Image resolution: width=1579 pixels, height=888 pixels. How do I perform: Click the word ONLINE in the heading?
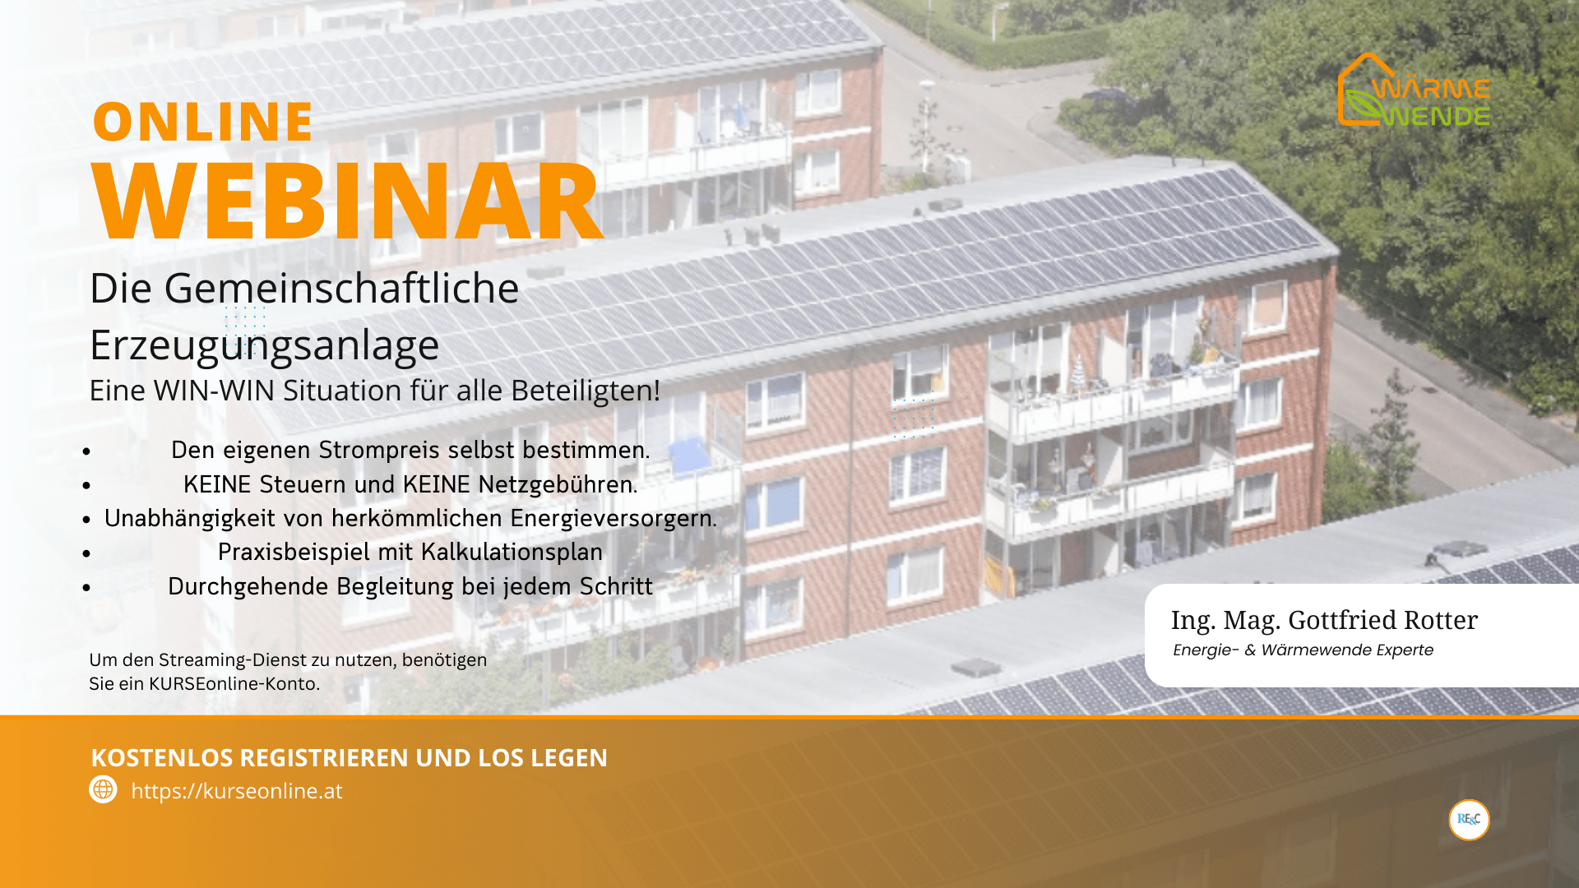point(203,122)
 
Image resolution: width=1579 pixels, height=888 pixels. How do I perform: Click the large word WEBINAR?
point(348,201)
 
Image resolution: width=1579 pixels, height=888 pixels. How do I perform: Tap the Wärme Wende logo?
point(1415,90)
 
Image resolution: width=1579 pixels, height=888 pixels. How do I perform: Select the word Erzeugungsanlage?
point(264,345)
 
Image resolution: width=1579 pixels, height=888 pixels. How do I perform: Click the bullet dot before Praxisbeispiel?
point(86,553)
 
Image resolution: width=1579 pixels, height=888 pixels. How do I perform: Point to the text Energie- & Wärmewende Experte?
point(1303,650)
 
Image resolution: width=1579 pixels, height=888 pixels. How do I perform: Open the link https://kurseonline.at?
point(237,791)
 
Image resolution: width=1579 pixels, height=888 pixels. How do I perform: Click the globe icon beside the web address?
point(103,789)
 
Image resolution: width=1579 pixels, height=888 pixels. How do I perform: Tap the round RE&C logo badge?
point(1469,820)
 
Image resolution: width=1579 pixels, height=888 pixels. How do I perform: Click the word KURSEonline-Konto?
point(234,684)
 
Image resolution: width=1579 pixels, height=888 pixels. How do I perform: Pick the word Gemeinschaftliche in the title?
point(341,289)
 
